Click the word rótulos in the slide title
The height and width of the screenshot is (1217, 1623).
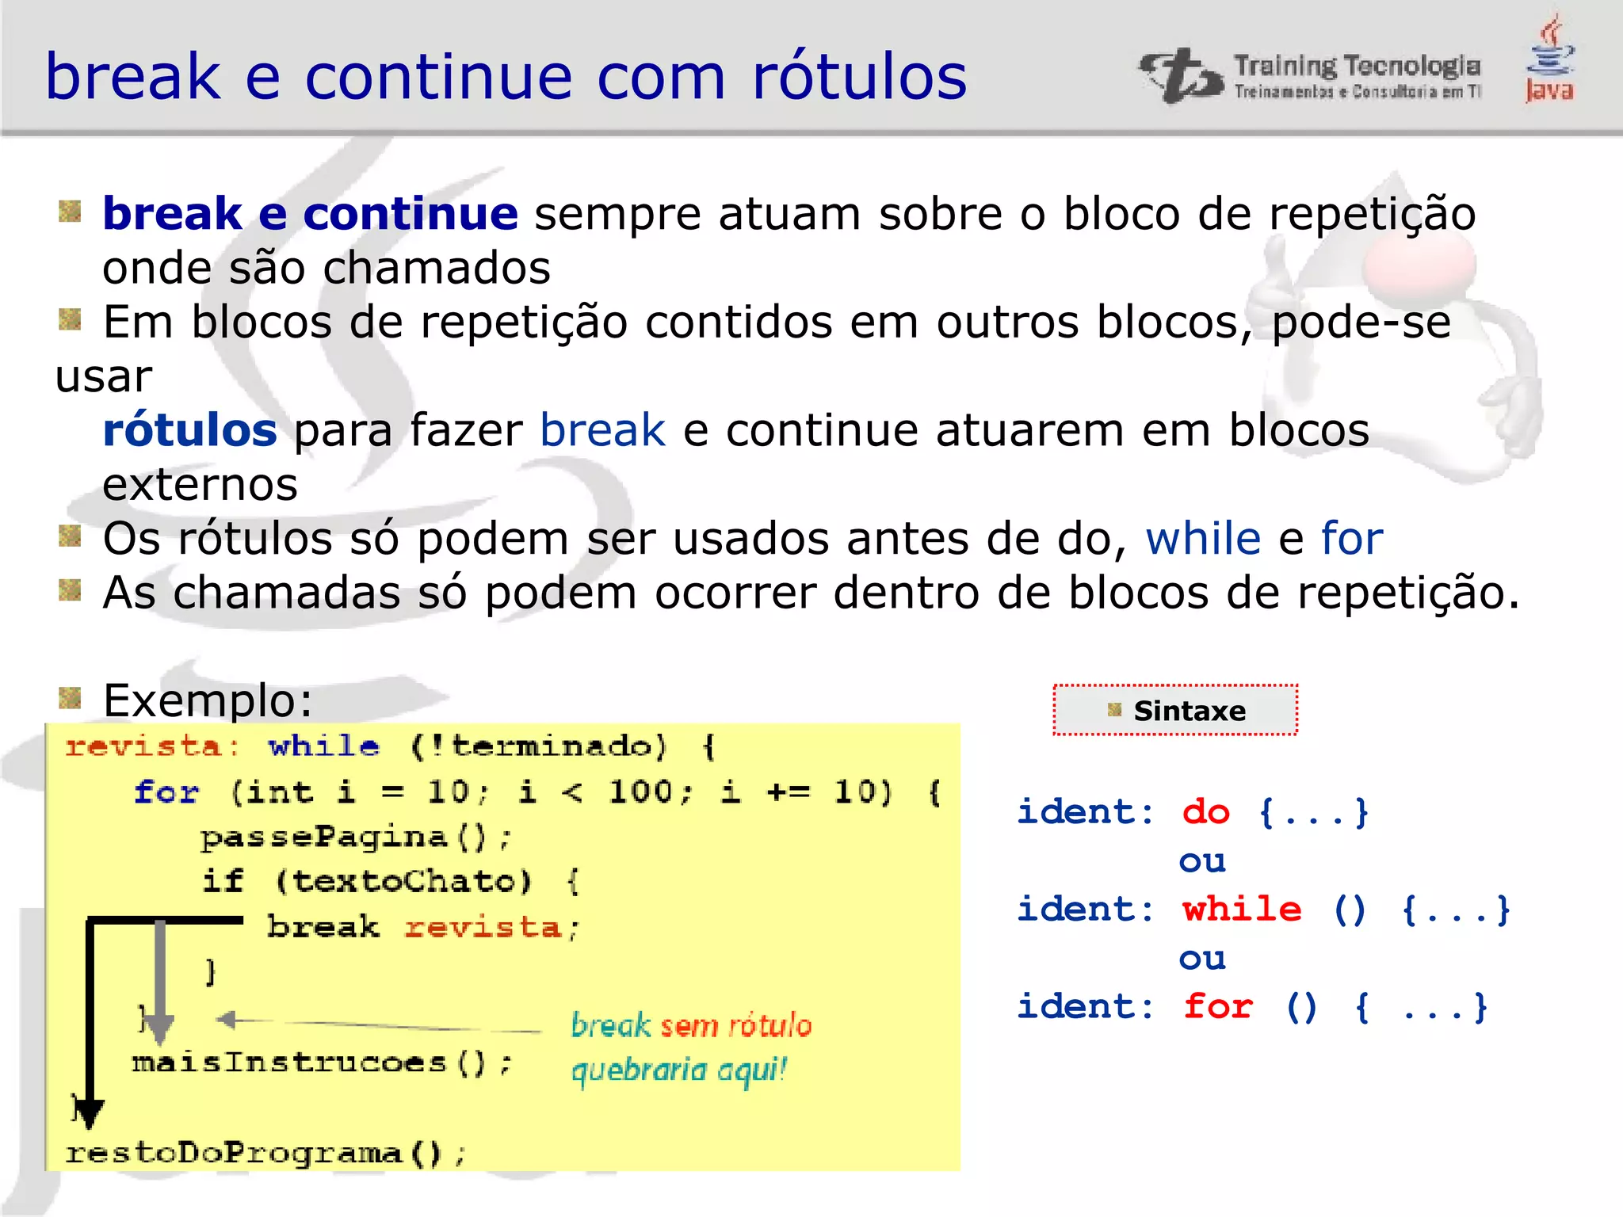pos(859,77)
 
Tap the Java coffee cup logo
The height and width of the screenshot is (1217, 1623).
pos(1550,59)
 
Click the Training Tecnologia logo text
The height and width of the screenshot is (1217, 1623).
pos(1356,67)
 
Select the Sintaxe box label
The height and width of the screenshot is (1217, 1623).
pos(1189,711)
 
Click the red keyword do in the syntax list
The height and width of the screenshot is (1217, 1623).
pos(1205,813)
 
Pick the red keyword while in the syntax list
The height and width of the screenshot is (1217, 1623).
pos(1242,910)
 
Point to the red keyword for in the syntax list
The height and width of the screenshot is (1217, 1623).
pos(1218,1007)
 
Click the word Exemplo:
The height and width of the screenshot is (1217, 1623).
pos(208,700)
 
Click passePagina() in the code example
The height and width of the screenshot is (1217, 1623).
pos(356,837)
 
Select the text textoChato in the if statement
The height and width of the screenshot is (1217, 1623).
pos(403,882)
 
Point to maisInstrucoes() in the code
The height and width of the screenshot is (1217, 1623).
pos(321,1062)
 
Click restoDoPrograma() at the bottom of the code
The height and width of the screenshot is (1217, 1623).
pos(265,1153)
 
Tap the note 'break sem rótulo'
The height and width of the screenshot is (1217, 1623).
pos(691,1025)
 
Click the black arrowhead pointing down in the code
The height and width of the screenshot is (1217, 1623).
pos(89,1112)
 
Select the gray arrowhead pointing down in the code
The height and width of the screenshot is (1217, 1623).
pos(160,1028)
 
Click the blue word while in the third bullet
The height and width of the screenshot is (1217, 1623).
pos(1202,539)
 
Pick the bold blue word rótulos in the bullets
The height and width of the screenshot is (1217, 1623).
pos(190,430)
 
